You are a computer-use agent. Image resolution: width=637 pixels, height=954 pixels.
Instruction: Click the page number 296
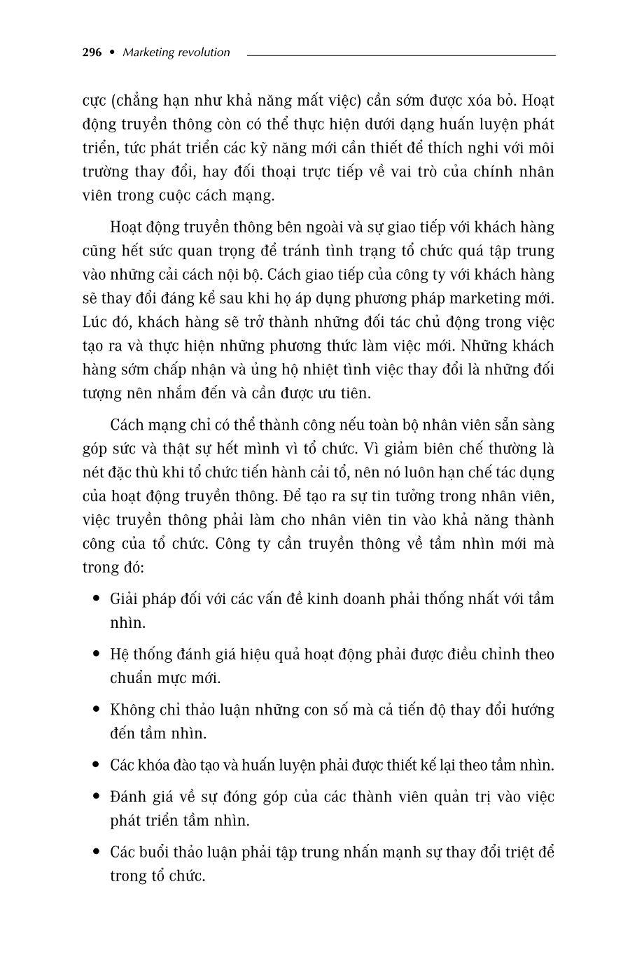(x=92, y=52)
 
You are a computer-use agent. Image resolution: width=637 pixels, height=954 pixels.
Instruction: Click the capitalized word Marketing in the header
(x=145, y=52)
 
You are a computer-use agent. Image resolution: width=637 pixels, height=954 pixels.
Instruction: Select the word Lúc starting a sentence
(x=94, y=323)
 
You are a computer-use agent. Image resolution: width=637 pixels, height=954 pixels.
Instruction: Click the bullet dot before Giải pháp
(x=96, y=599)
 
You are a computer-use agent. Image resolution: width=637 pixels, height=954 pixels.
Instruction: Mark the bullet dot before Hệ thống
(x=96, y=654)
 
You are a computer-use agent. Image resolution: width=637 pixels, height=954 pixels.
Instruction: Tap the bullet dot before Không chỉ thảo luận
(x=96, y=710)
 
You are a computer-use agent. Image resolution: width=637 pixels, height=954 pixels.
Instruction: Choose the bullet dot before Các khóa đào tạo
(x=96, y=765)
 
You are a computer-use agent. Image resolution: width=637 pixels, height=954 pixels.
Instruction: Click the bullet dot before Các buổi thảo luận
(x=96, y=853)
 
